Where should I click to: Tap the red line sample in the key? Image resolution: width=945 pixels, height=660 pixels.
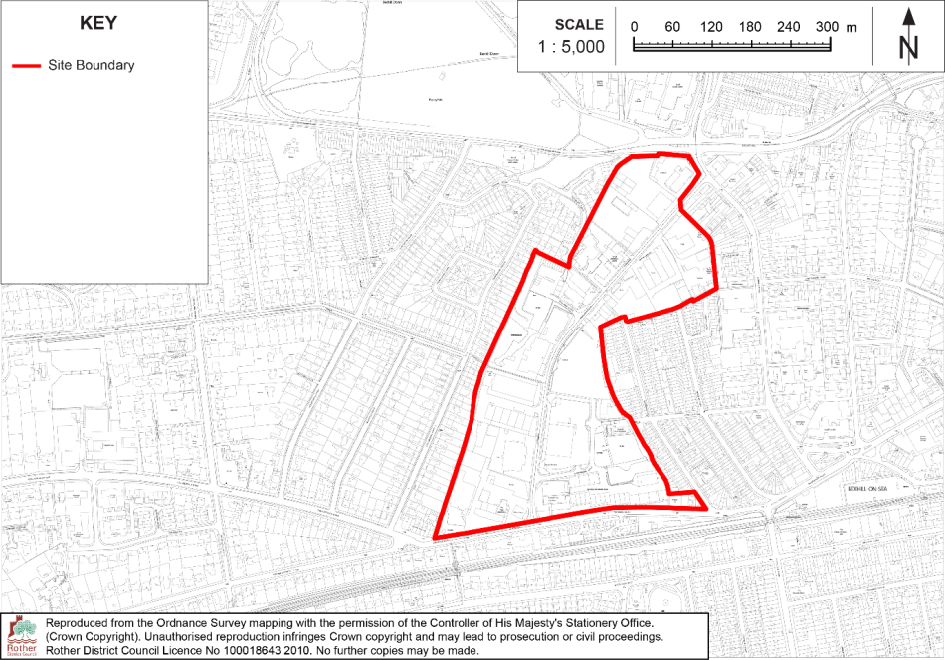[27, 66]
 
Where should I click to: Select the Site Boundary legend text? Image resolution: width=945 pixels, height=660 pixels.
[91, 66]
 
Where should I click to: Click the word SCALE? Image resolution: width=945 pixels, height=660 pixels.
[578, 25]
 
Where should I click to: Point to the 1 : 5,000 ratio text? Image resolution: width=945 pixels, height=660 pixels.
[571, 47]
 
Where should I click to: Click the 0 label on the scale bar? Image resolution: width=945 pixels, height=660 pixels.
[634, 27]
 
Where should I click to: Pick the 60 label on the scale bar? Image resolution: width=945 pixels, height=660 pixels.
[672, 27]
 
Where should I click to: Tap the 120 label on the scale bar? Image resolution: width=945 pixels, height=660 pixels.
[711, 27]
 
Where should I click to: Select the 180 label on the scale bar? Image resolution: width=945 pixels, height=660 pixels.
[750, 27]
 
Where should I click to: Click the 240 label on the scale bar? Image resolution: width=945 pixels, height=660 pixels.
[789, 27]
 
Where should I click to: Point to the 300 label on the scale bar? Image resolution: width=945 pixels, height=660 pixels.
[827, 27]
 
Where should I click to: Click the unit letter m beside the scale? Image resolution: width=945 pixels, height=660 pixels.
[850, 27]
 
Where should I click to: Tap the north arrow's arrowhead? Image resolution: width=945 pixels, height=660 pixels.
[908, 16]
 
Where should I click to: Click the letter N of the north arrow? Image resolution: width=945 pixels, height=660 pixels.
[907, 47]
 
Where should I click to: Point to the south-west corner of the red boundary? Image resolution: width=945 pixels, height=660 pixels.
[435, 539]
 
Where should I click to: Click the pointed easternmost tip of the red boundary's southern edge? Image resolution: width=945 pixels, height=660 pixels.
[706, 509]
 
